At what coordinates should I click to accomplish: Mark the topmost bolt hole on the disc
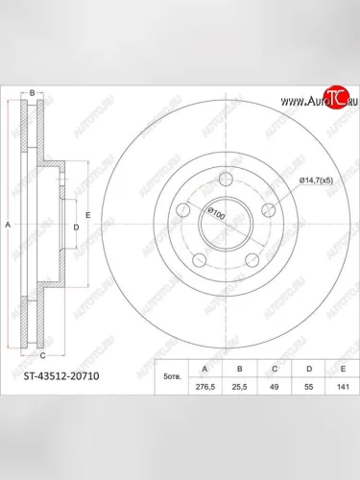(225, 177)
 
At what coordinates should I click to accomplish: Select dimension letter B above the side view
(32, 92)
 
